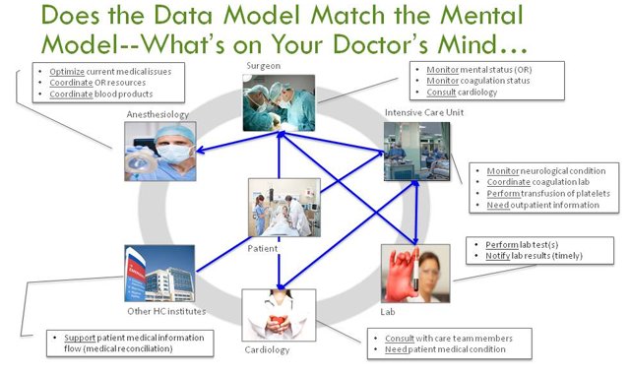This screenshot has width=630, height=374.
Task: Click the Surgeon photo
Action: pyautogui.click(x=279, y=102)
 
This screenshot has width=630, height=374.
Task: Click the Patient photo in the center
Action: pyautogui.click(x=283, y=207)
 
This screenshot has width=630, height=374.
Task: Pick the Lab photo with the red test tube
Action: pyautogui.click(x=414, y=272)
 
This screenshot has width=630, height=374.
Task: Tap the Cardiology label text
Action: pyautogui.click(x=267, y=349)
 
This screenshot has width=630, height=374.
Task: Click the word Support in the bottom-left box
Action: pyautogui.click(x=81, y=339)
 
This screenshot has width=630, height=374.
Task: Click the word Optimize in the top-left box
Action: pyautogui.click(x=67, y=72)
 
